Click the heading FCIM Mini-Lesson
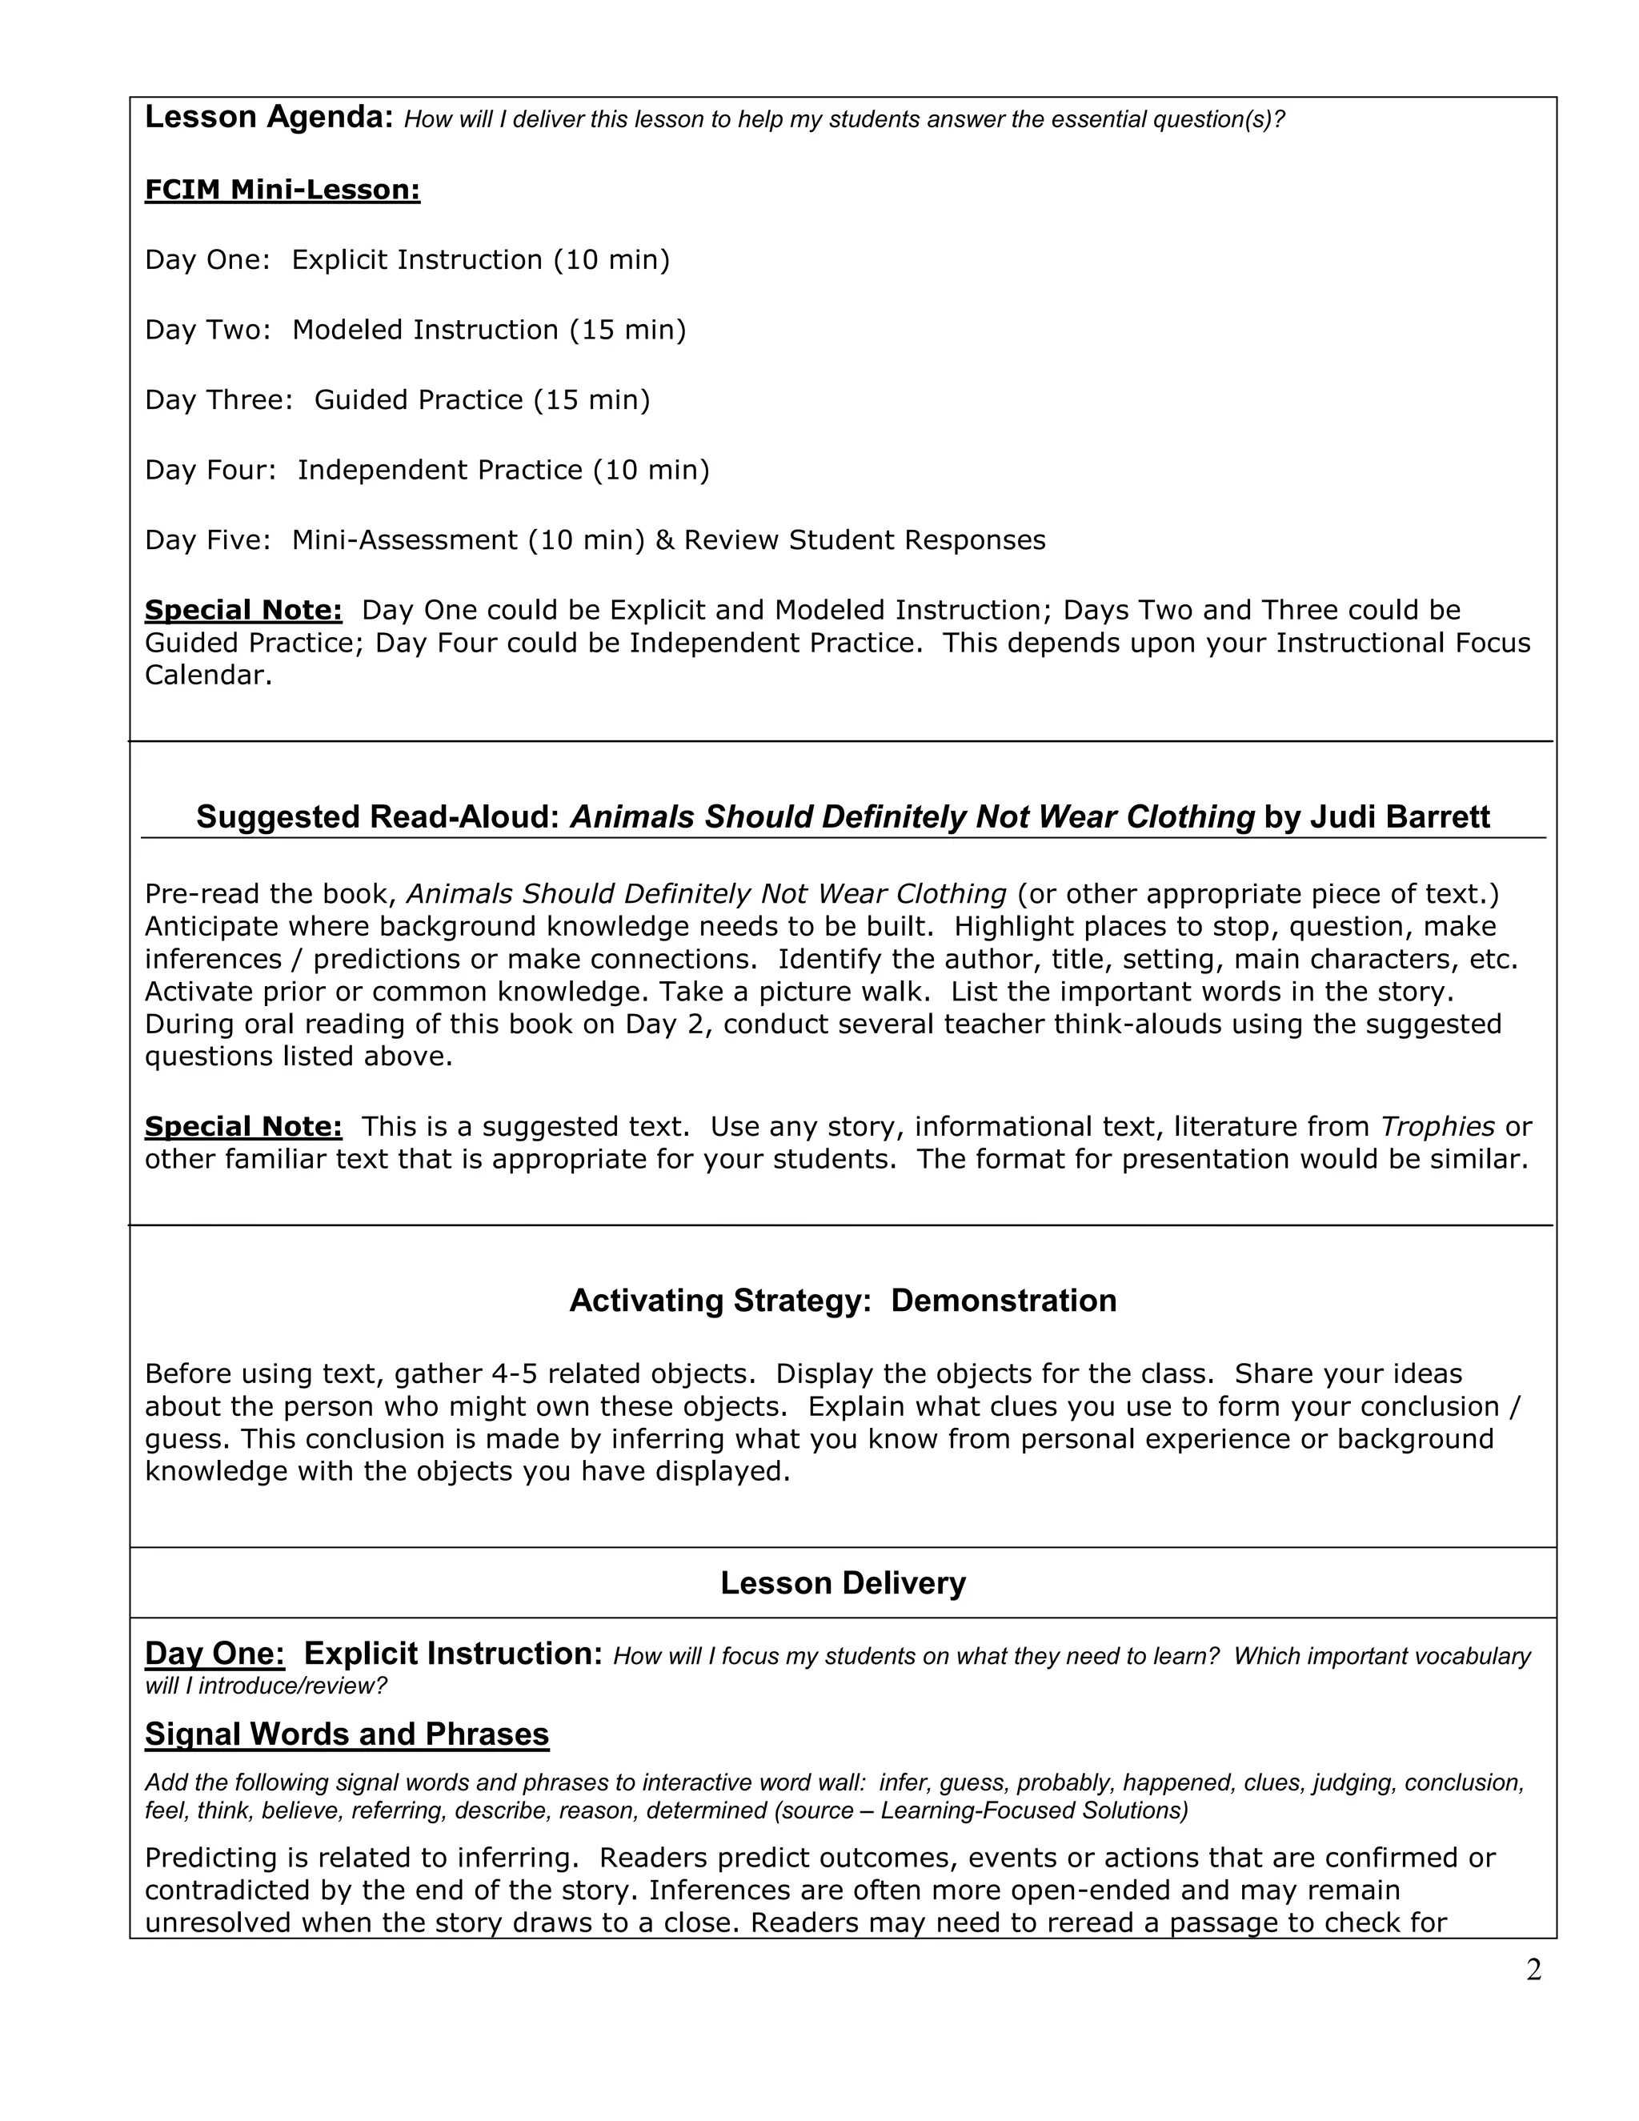click(282, 190)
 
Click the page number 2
click(1533, 1971)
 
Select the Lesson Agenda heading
click(268, 118)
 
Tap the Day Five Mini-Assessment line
click(595, 540)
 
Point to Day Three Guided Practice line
click(397, 400)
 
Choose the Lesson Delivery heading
click(842, 1583)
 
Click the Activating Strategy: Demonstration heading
click(842, 1301)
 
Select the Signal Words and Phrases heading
click(347, 1734)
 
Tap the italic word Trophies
click(1437, 1127)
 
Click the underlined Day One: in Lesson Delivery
click(214, 1654)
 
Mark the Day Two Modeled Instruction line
click(415, 331)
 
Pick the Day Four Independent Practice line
click(427, 470)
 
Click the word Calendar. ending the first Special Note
click(208, 676)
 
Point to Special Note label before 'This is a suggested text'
click(242, 1127)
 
